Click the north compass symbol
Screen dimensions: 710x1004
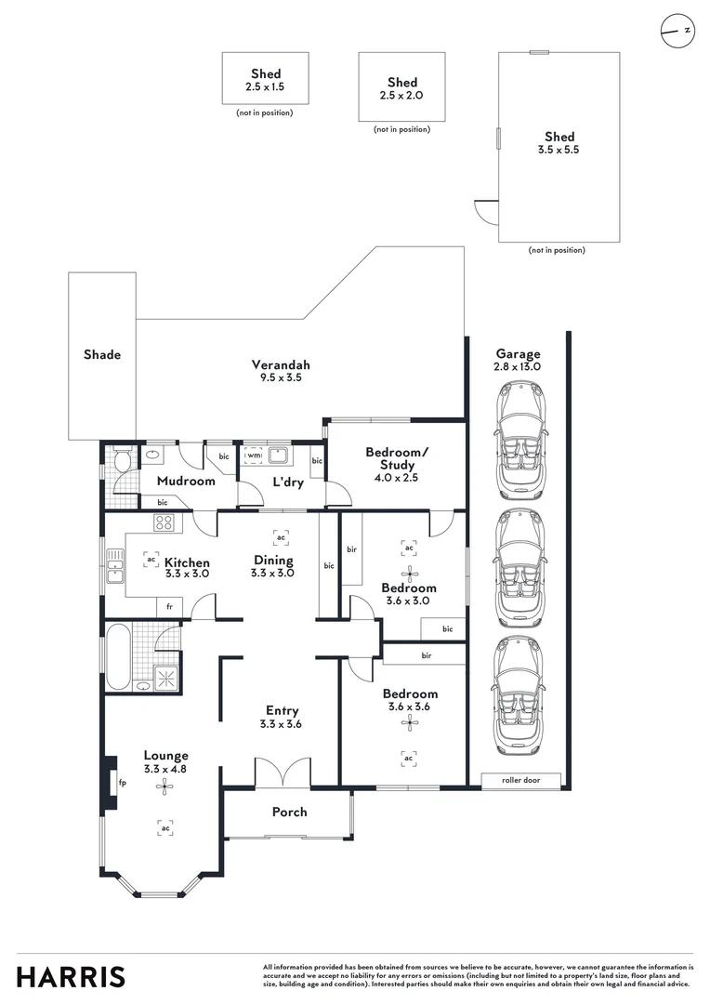point(677,30)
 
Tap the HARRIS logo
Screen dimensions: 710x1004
point(71,977)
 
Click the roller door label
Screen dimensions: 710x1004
point(520,780)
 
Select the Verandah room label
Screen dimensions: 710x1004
point(281,365)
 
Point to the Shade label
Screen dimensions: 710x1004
point(102,354)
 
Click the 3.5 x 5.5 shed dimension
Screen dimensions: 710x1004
point(559,150)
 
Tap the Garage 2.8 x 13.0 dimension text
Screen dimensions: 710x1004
point(518,367)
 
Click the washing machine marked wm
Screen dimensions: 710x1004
point(254,456)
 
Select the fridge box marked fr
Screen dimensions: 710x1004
point(170,606)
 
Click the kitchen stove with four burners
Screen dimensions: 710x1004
point(164,522)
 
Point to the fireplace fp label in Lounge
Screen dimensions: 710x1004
point(123,783)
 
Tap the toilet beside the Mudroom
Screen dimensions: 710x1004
point(123,458)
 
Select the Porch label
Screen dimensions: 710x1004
point(289,812)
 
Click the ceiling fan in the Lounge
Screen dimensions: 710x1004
point(164,786)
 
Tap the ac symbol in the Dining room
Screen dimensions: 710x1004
point(281,536)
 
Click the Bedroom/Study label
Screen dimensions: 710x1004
point(397,458)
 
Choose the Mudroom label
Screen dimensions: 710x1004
point(186,481)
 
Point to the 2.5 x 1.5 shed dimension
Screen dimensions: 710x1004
point(265,87)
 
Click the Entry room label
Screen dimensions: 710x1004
point(282,711)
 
